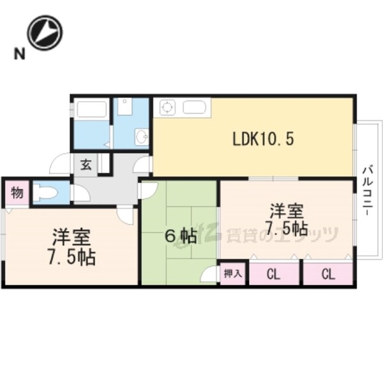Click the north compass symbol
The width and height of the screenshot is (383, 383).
click(44, 33)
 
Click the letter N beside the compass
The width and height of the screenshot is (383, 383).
click(20, 55)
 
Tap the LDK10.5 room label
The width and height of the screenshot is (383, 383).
click(263, 139)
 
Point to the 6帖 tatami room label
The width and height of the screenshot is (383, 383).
click(181, 235)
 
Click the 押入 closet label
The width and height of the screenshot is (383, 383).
click(232, 274)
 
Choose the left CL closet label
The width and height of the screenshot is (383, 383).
click(273, 275)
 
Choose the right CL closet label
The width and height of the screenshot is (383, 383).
click(328, 275)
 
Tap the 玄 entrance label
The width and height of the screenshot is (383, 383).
click(86, 165)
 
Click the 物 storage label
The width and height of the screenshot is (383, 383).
click(17, 193)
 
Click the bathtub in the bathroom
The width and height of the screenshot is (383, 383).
click(91, 109)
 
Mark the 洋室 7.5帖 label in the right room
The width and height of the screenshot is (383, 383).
click(286, 219)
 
